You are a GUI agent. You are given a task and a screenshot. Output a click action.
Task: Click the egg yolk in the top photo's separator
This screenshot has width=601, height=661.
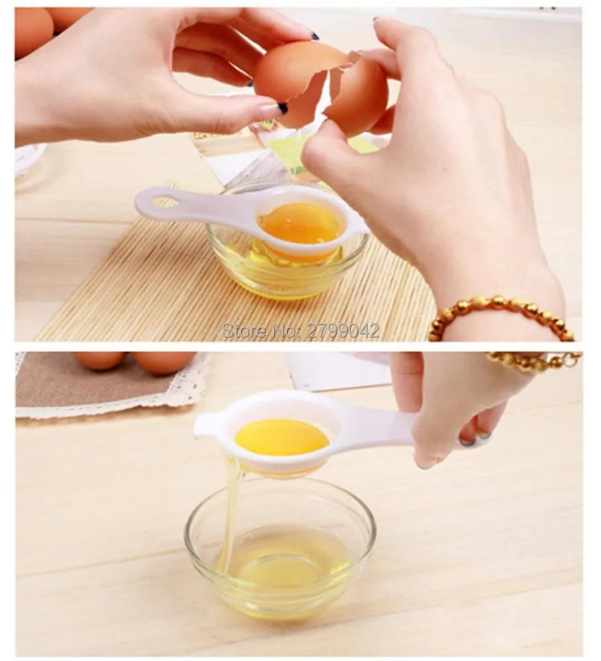300,222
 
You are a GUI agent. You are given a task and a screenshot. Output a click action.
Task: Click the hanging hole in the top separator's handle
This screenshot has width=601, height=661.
165,202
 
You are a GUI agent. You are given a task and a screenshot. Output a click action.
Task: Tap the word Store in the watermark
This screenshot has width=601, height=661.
241,331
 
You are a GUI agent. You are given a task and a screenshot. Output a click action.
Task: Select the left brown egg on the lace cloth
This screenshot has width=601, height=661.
98,361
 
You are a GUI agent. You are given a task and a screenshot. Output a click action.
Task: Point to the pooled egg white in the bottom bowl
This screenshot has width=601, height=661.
282,565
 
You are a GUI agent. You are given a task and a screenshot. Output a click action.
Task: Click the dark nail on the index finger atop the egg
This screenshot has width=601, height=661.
315,36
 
